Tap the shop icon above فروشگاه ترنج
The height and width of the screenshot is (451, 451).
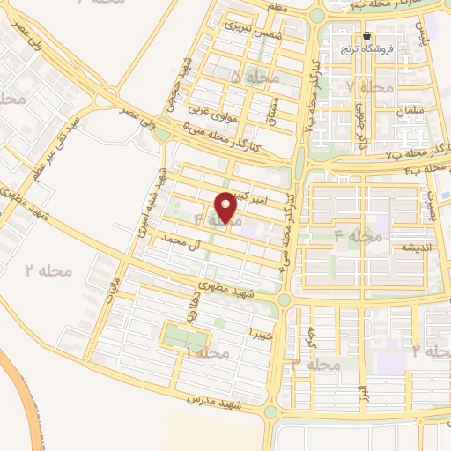point(367,36)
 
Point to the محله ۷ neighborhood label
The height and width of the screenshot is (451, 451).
point(369,88)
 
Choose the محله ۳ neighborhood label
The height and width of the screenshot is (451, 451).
point(315,363)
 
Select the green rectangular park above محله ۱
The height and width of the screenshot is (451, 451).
point(186,336)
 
